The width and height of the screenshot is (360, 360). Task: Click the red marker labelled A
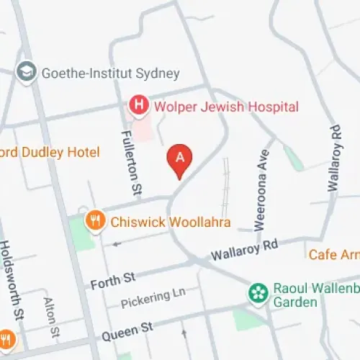pyautogui.click(x=180, y=158)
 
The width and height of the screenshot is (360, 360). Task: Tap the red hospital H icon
pyautogui.click(x=138, y=107)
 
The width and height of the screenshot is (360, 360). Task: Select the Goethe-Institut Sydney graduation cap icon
pyautogui.click(x=27, y=73)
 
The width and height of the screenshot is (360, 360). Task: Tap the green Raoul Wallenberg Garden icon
pyautogui.click(x=257, y=292)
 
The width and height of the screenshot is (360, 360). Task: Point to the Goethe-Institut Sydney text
pyautogui.click(x=110, y=73)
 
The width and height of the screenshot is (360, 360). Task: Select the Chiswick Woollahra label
pyautogui.click(x=170, y=222)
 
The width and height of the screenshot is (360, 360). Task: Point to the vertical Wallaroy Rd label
pyautogui.click(x=333, y=158)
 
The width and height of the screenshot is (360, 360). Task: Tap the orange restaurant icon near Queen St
pyautogui.click(x=6, y=338)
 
